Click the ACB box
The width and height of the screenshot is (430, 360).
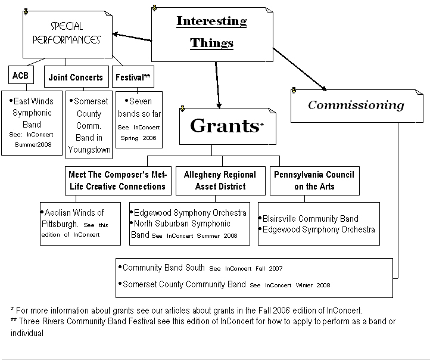tap(21, 75)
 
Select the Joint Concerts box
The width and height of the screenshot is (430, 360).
tap(76, 76)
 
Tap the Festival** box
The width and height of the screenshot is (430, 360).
tap(133, 76)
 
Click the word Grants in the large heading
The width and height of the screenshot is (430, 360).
tap(225, 126)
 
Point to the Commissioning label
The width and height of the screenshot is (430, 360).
tap(356, 105)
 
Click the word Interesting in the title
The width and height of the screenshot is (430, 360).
tap(211, 21)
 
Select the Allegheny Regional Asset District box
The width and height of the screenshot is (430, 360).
tap(220, 181)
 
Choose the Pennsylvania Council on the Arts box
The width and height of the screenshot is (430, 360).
tap(314, 181)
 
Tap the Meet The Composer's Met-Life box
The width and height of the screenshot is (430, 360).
tap(118, 181)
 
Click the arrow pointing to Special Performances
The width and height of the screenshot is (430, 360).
tap(132, 38)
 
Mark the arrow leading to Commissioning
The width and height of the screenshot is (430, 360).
tap(300, 69)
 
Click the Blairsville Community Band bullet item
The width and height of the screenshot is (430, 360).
tap(309, 219)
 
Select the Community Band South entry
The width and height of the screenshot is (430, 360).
tap(162, 268)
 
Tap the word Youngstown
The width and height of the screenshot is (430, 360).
tap(89, 150)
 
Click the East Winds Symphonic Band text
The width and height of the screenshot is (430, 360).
tap(32, 113)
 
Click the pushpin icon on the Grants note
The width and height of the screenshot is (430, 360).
tap(182, 109)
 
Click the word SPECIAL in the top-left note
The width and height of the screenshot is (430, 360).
tap(67, 26)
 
